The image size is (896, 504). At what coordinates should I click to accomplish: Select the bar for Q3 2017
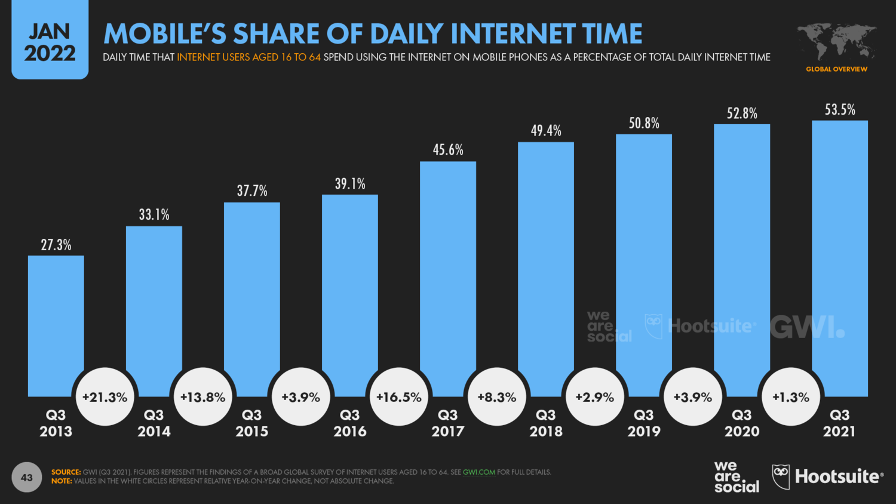[x=448, y=269]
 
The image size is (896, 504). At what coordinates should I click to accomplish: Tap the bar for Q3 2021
[x=839, y=251]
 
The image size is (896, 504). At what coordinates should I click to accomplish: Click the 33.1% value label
[x=154, y=214]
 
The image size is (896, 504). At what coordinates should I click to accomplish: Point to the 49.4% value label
[x=546, y=130]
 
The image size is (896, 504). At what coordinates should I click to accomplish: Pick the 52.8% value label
[x=742, y=113]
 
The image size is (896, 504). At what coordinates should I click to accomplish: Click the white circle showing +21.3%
[x=105, y=397]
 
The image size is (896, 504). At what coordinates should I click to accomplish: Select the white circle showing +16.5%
[x=399, y=397]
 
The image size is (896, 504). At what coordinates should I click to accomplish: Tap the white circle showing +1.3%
[x=791, y=397]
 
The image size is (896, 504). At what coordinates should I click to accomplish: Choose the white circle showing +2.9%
[x=595, y=397]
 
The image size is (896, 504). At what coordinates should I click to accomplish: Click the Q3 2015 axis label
[x=252, y=423]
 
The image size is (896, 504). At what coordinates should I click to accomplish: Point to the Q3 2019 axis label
[x=644, y=423]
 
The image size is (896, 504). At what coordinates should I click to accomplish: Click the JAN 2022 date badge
[x=50, y=42]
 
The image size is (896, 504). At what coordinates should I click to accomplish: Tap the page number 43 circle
[x=27, y=477]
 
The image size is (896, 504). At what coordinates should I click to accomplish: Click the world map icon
[x=836, y=41]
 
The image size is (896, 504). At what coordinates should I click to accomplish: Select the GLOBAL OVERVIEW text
[x=836, y=69]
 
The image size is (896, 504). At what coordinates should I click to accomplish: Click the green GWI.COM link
[x=479, y=472]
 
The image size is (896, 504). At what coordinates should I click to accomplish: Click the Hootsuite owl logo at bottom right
[x=781, y=477]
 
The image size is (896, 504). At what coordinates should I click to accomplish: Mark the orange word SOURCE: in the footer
[x=66, y=472]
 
